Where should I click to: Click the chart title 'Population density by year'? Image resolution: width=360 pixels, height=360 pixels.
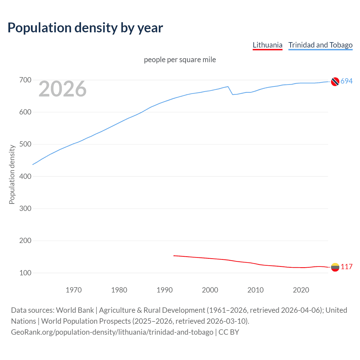pyautogui.click(x=85, y=28)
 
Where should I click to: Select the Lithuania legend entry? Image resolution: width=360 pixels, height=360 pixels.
pyautogui.click(x=267, y=45)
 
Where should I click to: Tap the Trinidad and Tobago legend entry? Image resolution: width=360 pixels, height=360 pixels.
pyautogui.click(x=320, y=45)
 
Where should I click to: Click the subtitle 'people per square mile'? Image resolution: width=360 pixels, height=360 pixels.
pyautogui.click(x=180, y=60)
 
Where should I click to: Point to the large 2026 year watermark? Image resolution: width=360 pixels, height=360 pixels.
pyautogui.click(x=62, y=89)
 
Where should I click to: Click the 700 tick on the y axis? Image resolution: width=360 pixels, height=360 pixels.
pyautogui.click(x=25, y=80)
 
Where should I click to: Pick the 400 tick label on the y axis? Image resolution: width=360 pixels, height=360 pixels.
pyautogui.click(x=25, y=176)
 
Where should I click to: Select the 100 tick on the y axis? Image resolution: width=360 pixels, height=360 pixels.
pyautogui.click(x=25, y=273)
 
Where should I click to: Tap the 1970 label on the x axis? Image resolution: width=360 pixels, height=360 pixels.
pyautogui.click(x=74, y=290)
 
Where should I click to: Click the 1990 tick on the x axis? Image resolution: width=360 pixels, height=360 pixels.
pyautogui.click(x=165, y=290)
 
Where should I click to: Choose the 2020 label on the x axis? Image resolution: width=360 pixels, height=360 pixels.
pyautogui.click(x=301, y=290)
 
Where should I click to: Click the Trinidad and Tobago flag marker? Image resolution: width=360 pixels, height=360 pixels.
pyautogui.click(x=335, y=82)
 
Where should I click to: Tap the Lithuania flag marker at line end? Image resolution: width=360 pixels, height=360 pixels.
pyautogui.click(x=335, y=267)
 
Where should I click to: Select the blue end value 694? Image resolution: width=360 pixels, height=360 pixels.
pyautogui.click(x=346, y=81)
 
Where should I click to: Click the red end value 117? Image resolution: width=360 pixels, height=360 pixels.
pyautogui.click(x=346, y=267)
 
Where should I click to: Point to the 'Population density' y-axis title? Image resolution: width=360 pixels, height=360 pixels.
pyautogui.click(x=12, y=174)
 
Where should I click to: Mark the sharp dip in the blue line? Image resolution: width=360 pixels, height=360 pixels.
pyautogui.click(x=233, y=94)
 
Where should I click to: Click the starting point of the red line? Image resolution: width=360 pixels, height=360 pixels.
pyautogui.click(x=174, y=256)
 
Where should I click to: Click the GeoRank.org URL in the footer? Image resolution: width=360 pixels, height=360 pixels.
pyautogui.click(x=112, y=332)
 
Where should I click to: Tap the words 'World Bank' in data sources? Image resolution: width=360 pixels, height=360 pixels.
pyautogui.click(x=75, y=310)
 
